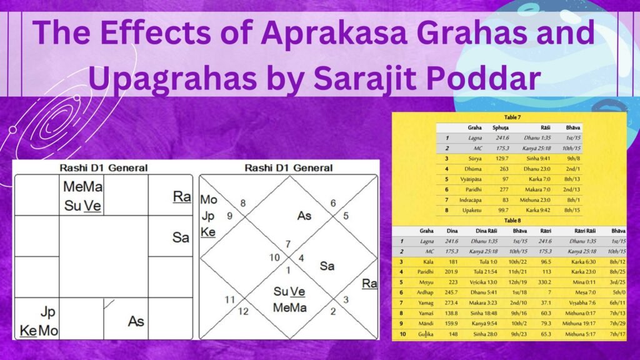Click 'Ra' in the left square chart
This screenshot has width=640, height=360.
tap(182, 197)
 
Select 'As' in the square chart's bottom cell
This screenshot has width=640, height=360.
tap(136, 322)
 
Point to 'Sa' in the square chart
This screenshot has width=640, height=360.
tap(181, 237)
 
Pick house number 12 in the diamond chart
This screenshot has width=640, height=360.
tap(244, 311)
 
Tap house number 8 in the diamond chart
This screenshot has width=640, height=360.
tap(244, 203)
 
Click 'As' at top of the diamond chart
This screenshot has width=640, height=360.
tap(304, 216)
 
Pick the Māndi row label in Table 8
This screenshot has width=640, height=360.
tap(427, 324)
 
